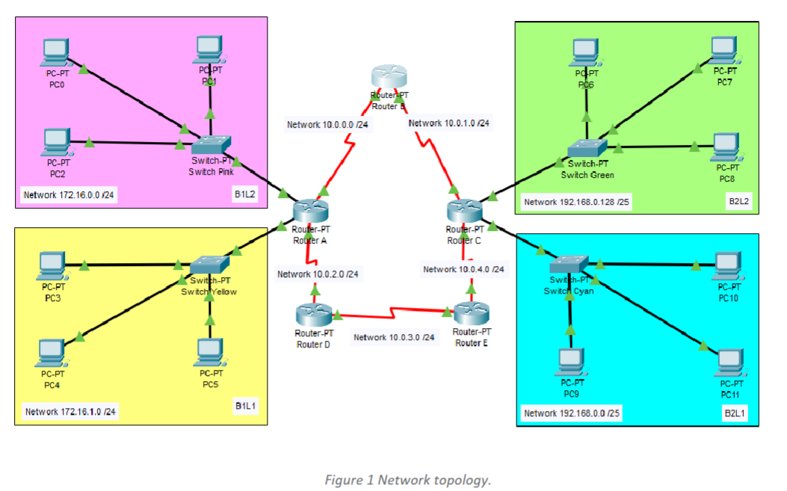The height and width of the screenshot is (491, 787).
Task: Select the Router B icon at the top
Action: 389,77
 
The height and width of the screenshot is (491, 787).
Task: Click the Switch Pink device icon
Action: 212,145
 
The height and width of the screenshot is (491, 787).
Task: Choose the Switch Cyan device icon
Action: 569,265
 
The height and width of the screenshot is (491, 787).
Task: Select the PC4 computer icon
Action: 52,352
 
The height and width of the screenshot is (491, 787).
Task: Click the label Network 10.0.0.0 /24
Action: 330,124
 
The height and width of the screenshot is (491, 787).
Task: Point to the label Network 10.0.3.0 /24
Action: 394,337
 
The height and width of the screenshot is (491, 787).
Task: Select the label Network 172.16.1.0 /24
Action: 71,411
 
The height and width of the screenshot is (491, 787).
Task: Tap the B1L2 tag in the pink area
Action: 244,195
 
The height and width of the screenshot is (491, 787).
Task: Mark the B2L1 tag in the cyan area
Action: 733,413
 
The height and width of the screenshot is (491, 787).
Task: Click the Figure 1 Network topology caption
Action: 407,480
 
